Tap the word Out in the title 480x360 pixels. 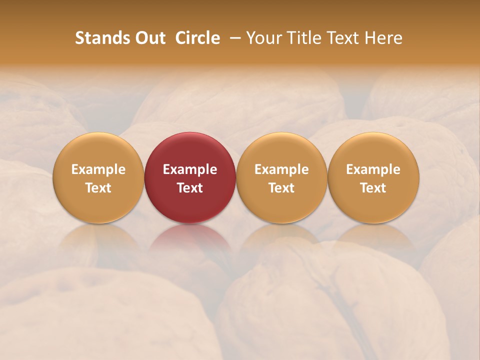149,38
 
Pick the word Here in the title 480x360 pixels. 384,38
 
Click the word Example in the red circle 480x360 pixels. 190,169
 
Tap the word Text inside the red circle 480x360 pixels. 190,188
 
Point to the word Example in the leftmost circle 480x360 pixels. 98,169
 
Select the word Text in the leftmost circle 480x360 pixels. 98,188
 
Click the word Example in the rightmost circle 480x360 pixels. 373,169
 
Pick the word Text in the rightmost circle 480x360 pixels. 373,188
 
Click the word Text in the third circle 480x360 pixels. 281,188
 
